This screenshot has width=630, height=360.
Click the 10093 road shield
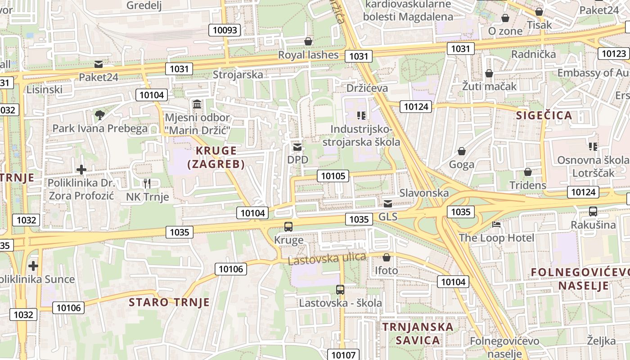[x=225, y=30]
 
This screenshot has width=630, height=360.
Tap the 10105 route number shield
[x=333, y=175]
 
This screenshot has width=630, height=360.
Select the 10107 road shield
[x=343, y=355]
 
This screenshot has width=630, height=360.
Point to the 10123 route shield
[x=614, y=54]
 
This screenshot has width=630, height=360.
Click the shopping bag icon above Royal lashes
[x=308, y=42]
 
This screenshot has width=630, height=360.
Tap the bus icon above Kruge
[x=288, y=227]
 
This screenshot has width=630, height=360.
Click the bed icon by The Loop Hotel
[x=496, y=224]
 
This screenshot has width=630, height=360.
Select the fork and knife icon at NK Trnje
[x=147, y=183]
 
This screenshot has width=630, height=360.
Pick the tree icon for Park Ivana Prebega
[x=100, y=115]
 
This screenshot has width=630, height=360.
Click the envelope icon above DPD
[x=297, y=147]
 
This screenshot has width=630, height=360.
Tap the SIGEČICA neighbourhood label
[x=544, y=115]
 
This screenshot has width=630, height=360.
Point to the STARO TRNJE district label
[x=169, y=302]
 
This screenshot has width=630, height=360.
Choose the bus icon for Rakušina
[x=593, y=211]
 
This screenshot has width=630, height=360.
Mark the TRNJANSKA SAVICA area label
[x=418, y=333]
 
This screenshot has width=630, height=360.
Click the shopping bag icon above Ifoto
[x=386, y=257]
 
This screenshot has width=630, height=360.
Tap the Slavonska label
[x=424, y=193]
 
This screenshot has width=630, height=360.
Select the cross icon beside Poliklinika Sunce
[x=33, y=265]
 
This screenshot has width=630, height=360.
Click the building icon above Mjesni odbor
[x=197, y=105]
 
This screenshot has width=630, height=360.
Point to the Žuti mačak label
[x=489, y=86]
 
